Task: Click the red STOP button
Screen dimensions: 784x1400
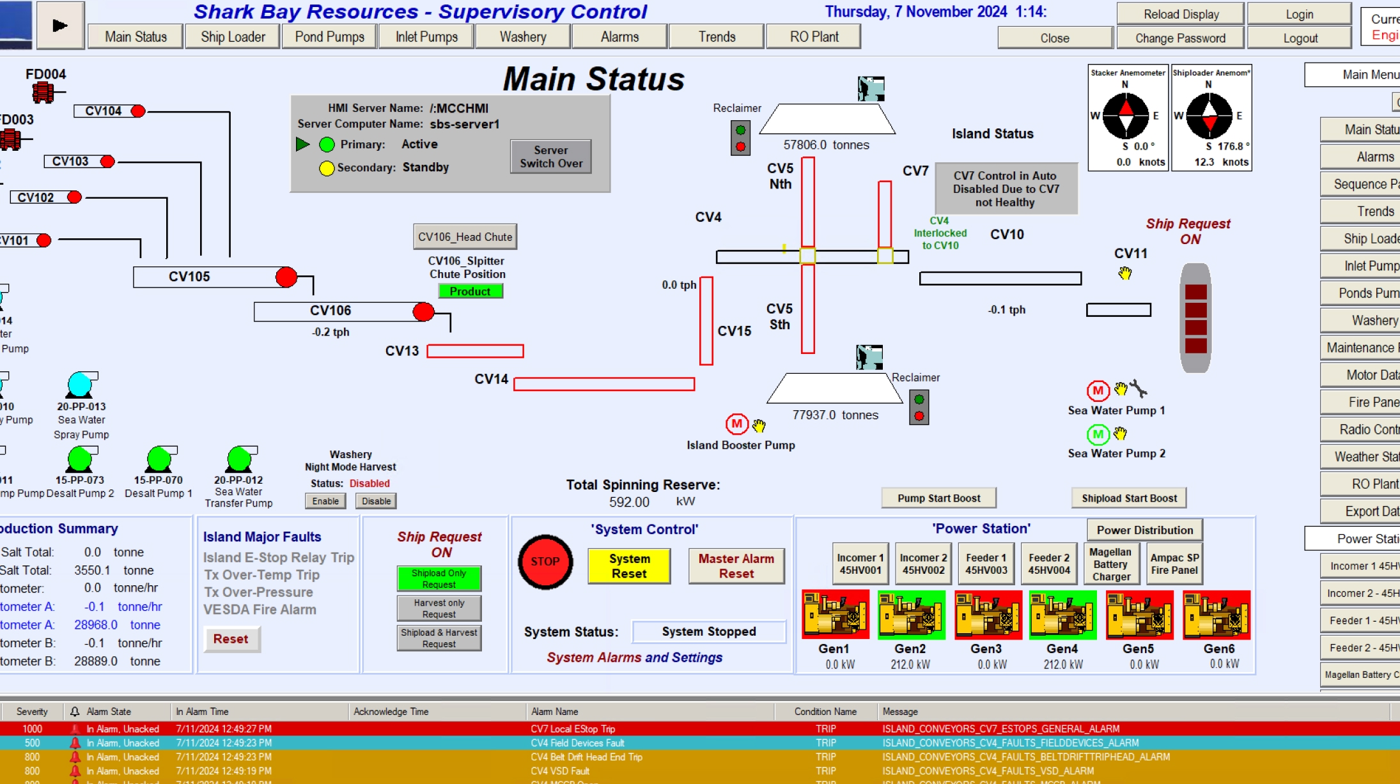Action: [545, 562]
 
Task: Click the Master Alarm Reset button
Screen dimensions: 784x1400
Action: [736, 566]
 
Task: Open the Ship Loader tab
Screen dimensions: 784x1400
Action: [233, 37]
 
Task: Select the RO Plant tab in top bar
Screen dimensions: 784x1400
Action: [814, 37]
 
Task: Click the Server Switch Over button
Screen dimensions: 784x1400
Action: [550, 157]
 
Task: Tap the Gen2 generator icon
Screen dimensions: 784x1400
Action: [911, 615]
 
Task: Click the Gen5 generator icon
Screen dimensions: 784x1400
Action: [1139, 615]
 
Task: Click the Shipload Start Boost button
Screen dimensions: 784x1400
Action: [1128, 498]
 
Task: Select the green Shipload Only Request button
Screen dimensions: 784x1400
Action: [439, 579]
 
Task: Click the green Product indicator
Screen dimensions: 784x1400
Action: [470, 291]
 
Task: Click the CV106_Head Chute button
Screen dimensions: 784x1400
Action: [465, 237]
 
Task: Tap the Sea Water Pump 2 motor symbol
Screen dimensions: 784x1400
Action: [1098, 434]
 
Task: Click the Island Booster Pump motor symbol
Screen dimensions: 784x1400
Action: [736, 424]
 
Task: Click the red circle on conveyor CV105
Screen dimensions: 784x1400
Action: [286, 277]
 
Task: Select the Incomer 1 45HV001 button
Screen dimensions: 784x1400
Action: [860, 564]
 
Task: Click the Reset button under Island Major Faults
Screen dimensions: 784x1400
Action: [231, 639]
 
